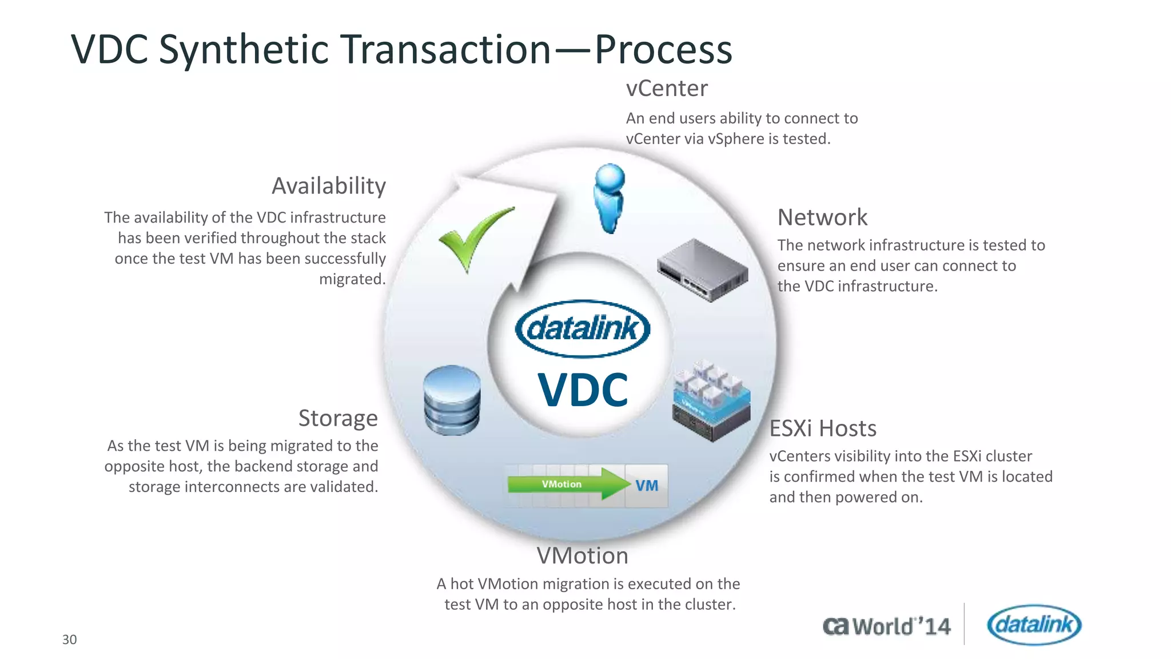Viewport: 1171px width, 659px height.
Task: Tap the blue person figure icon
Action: point(609,198)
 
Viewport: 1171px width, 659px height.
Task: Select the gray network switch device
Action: point(702,270)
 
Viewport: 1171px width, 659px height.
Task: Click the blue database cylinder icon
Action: point(452,400)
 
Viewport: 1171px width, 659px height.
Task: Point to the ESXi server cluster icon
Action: point(711,401)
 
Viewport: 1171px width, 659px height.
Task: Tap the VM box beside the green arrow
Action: point(647,486)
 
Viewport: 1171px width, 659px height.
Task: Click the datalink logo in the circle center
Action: point(582,328)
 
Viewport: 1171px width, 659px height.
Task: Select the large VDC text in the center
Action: point(583,390)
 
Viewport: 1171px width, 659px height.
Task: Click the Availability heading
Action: point(329,186)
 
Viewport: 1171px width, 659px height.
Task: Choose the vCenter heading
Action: point(667,89)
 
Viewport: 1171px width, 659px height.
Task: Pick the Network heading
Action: point(822,217)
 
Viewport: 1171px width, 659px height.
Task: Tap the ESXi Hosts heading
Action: point(823,428)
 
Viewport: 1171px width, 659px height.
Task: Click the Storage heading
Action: point(338,418)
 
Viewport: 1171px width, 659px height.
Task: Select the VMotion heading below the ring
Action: point(582,556)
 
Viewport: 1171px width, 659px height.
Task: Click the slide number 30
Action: point(69,640)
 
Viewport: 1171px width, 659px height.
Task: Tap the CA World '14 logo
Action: point(887,626)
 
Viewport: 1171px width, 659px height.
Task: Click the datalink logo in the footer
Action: point(1034,625)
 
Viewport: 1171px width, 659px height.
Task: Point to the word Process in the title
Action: point(663,50)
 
